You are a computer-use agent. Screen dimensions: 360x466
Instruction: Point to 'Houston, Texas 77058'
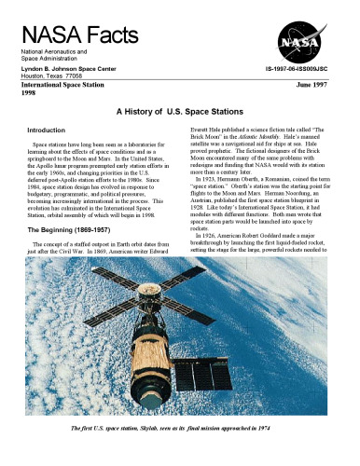tap(47, 75)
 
